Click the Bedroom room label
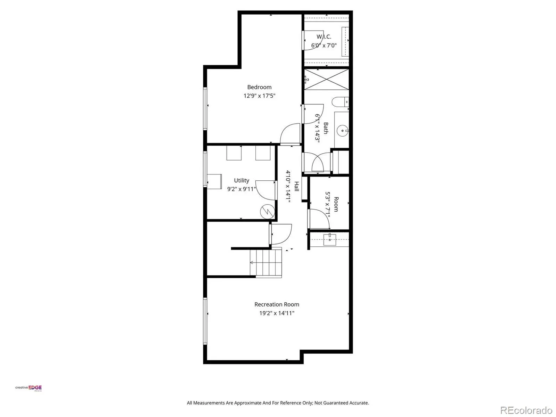(x=259, y=87)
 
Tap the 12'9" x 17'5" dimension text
(x=259, y=96)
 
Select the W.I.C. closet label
(x=324, y=37)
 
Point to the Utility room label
(x=242, y=180)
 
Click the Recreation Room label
(x=277, y=304)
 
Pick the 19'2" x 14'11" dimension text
(x=277, y=313)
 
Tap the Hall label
(x=296, y=186)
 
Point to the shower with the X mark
(x=326, y=79)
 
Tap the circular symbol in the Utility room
(x=267, y=212)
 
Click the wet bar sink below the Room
(x=329, y=240)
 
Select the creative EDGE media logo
(x=28, y=388)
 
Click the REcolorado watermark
(x=526, y=410)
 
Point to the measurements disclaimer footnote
(x=278, y=403)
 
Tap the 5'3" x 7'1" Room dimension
(x=328, y=205)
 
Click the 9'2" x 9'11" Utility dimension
(x=242, y=189)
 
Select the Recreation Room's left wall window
(x=205, y=321)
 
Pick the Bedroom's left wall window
(x=205, y=109)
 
